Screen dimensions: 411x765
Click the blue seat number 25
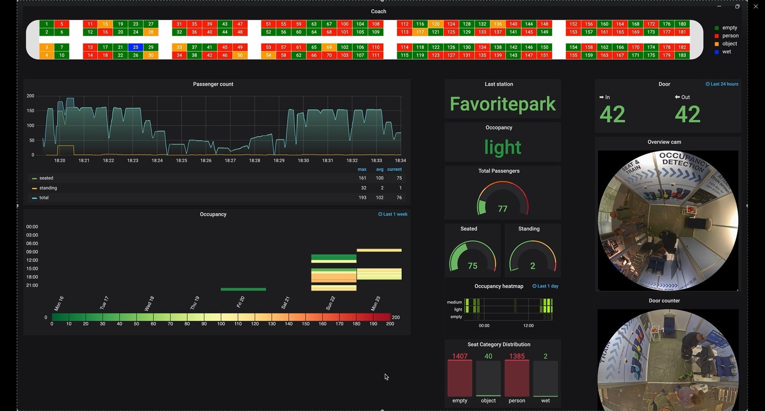[x=135, y=47]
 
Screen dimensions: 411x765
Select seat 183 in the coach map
[x=682, y=55]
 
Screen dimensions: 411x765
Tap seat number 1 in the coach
[x=47, y=24]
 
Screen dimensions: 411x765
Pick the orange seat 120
[x=435, y=24]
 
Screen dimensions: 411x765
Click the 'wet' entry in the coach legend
[x=726, y=52]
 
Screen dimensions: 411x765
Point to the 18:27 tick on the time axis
[x=230, y=160]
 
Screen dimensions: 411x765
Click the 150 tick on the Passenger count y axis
[x=30, y=111]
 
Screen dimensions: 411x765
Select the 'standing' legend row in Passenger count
[x=48, y=188]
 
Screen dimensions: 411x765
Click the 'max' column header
[x=362, y=169]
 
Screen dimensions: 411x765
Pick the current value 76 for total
[x=399, y=198]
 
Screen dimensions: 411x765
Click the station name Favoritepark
[x=502, y=104]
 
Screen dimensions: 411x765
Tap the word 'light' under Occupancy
[x=502, y=147]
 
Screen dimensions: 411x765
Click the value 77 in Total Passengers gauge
[x=502, y=209]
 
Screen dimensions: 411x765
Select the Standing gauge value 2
[x=533, y=266]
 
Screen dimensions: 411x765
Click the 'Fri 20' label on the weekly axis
[x=240, y=302]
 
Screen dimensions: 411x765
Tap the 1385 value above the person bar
[x=517, y=356]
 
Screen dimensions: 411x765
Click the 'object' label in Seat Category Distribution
[x=488, y=401]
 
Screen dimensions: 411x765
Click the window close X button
[x=755, y=6]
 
